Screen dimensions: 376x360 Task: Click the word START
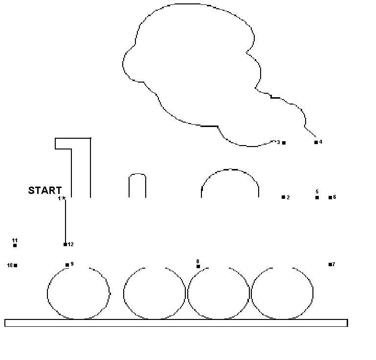pos(45,191)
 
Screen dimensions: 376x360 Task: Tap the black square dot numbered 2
pos(283,197)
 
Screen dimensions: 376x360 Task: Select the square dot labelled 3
pos(284,143)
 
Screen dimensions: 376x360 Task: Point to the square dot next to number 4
pos(316,142)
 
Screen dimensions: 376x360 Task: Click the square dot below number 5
pos(317,198)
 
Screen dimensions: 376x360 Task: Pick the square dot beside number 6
pos(330,198)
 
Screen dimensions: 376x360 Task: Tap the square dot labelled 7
pos(330,264)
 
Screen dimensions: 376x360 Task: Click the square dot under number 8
pos(198,266)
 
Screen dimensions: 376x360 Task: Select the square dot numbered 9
pos(67,265)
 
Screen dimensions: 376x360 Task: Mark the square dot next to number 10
pos(16,265)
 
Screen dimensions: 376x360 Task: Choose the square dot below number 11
pos(15,245)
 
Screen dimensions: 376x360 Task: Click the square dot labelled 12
pos(65,244)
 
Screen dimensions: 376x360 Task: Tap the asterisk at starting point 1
pos(63,198)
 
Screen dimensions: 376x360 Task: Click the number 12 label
pos(70,244)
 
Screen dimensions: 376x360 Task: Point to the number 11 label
pos(15,240)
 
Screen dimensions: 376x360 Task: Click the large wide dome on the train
pos(230,169)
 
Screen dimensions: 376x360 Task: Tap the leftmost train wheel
pos(47,294)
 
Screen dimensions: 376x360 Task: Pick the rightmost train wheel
pos(313,294)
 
